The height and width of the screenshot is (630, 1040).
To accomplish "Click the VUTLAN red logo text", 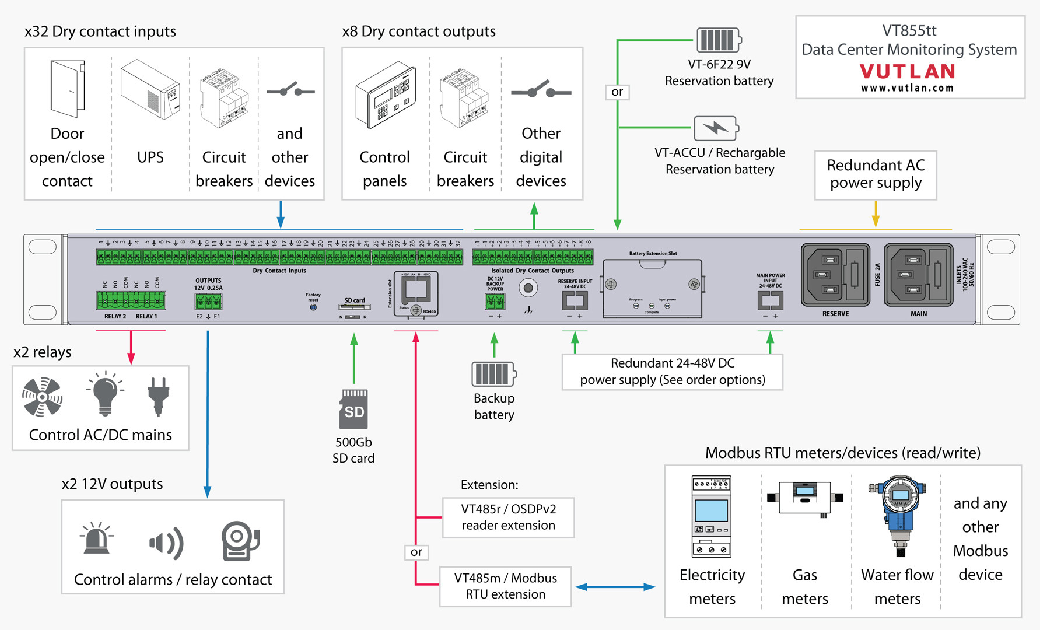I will point(908,72).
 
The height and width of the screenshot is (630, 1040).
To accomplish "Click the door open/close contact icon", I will point(68,89).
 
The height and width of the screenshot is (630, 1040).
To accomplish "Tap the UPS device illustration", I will point(150,90).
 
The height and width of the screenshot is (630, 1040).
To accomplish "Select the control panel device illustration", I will point(386,95).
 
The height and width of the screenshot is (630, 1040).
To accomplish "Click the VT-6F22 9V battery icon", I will point(719,40).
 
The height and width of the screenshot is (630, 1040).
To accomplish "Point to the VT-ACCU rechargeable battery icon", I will point(716,128).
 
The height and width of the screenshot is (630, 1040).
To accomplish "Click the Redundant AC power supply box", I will point(876,174).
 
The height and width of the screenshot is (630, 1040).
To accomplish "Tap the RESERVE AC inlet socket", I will point(835,275).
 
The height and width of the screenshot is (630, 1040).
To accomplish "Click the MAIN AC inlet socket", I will point(918,275).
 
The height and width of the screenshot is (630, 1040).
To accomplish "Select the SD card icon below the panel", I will point(353,409).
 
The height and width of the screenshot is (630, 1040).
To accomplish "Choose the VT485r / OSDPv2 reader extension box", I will point(508,517).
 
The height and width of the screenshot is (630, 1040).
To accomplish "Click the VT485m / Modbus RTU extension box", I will point(505,586).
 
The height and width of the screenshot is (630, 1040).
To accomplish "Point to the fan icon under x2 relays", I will point(42,397).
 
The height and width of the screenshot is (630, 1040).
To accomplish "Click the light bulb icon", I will point(105,394).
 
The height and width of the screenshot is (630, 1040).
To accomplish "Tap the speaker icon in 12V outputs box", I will point(167,542).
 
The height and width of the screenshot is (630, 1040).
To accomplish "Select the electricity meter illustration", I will point(711,516).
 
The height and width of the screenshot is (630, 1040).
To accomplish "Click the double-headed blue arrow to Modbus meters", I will point(615,587).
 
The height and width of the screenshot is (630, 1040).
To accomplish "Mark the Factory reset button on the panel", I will point(313,307).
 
